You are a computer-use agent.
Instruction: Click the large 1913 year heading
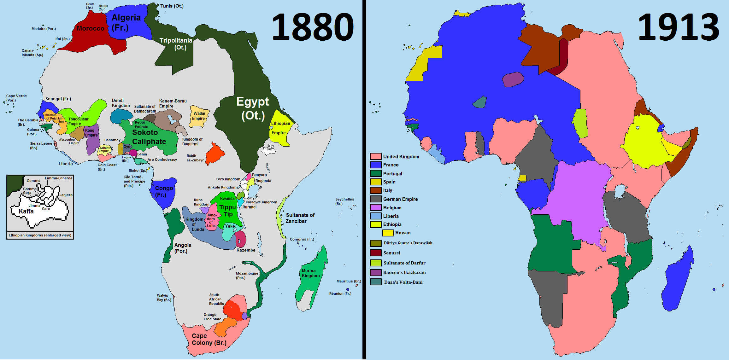click(x=678, y=28)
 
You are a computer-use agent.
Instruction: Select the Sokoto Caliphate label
click(x=149, y=137)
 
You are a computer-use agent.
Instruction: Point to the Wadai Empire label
click(x=199, y=116)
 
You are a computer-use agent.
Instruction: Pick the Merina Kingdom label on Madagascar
click(x=310, y=273)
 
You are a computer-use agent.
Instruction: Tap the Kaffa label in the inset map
click(x=26, y=211)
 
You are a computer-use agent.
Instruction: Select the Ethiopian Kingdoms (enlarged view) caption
click(x=40, y=235)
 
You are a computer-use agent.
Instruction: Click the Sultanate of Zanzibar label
click(x=300, y=218)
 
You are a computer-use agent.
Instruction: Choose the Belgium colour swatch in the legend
click(x=375, y=207)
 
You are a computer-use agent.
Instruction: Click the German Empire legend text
click(x=400, y=199)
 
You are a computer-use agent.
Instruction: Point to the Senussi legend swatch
click(x=375, y=253)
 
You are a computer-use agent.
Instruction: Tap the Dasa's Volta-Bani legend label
click(x=403, y=282)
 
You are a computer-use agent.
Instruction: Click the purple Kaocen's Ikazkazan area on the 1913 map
click(x=513, y=79)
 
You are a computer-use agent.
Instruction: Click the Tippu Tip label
click(x=228, y=211)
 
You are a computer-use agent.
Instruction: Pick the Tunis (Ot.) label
click(x=172, y=6)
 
